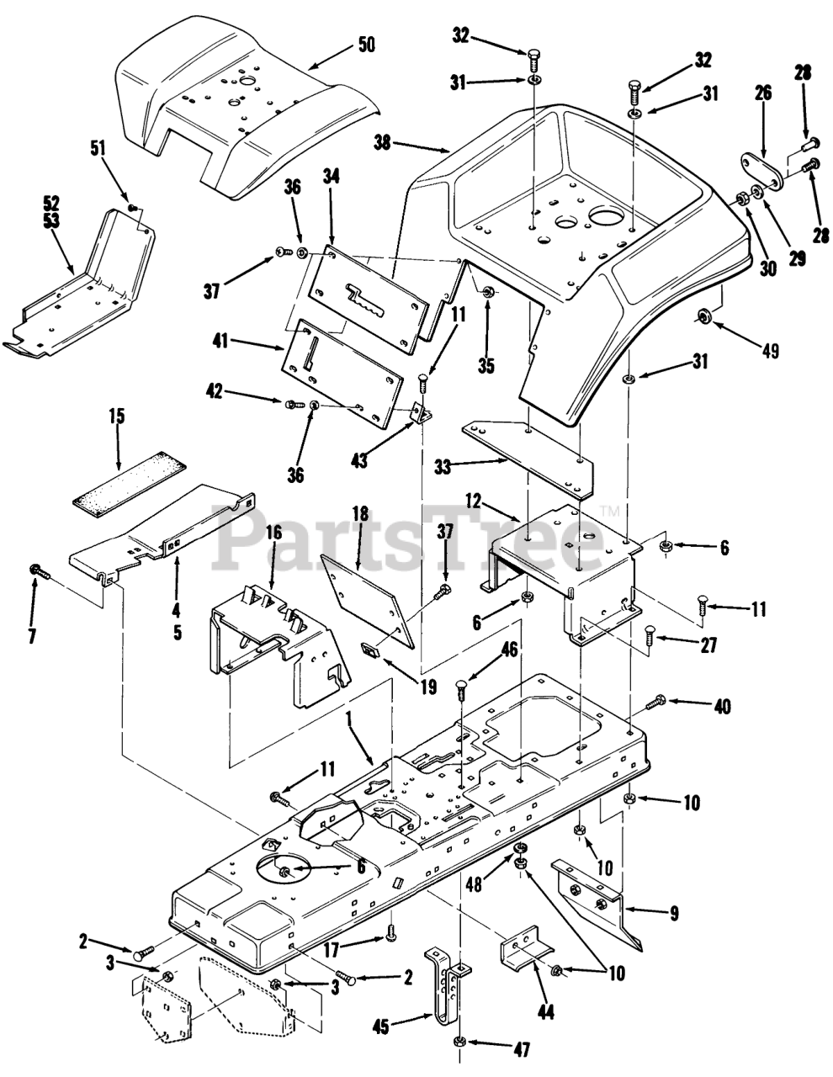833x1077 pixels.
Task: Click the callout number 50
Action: (x=366, y=45)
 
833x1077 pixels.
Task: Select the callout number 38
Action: (x=383, y=143)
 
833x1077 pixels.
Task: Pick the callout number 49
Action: (x=770, y=351)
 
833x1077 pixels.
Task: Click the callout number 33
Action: (x=443, y=466)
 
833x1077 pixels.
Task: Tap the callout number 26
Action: (x=763, y=93)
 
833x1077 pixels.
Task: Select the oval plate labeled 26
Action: (x=761, y=172)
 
